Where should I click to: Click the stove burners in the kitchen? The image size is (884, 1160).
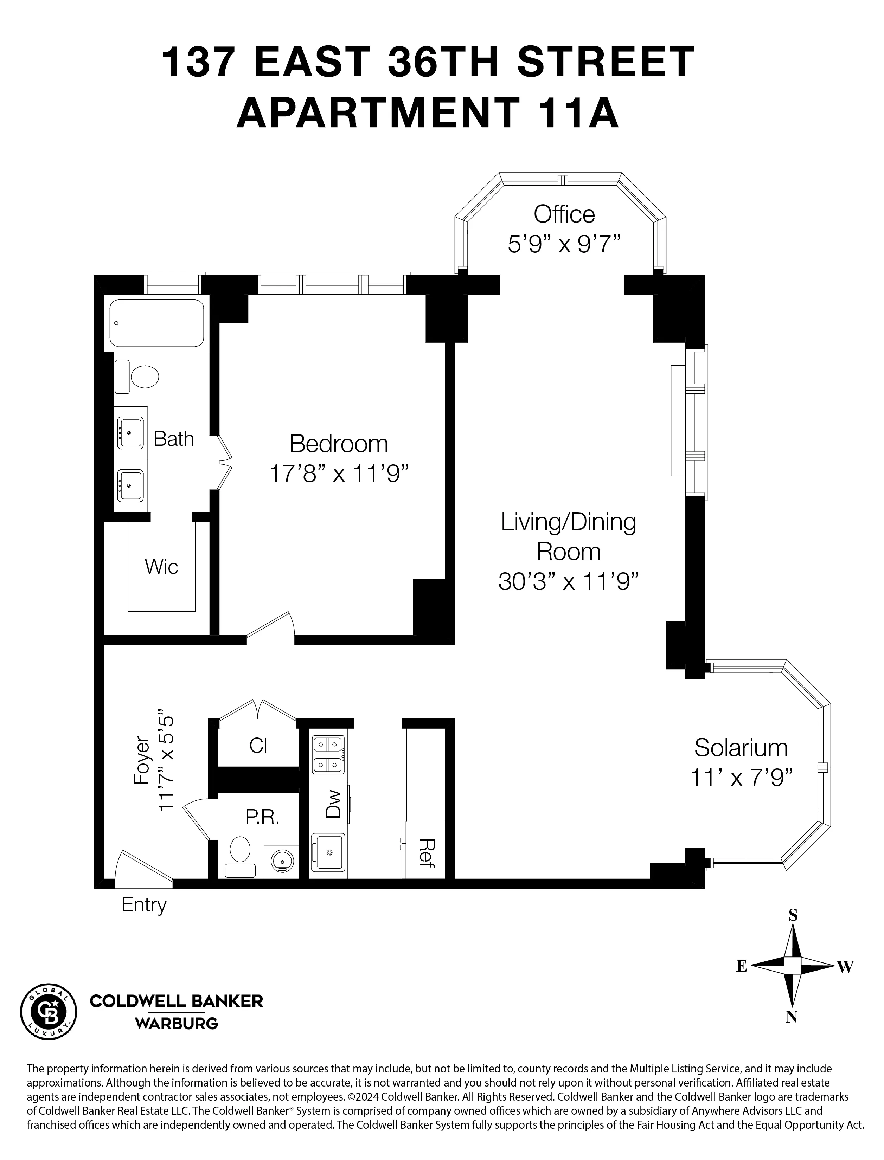coord(328,754)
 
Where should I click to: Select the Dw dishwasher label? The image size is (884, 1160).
coord(333,805)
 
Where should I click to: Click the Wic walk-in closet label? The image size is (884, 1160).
coord(161,567)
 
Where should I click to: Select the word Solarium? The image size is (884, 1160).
coord(740,748)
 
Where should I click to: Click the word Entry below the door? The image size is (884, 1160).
coord(144,904)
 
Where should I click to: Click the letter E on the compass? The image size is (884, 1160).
coord(741,966)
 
